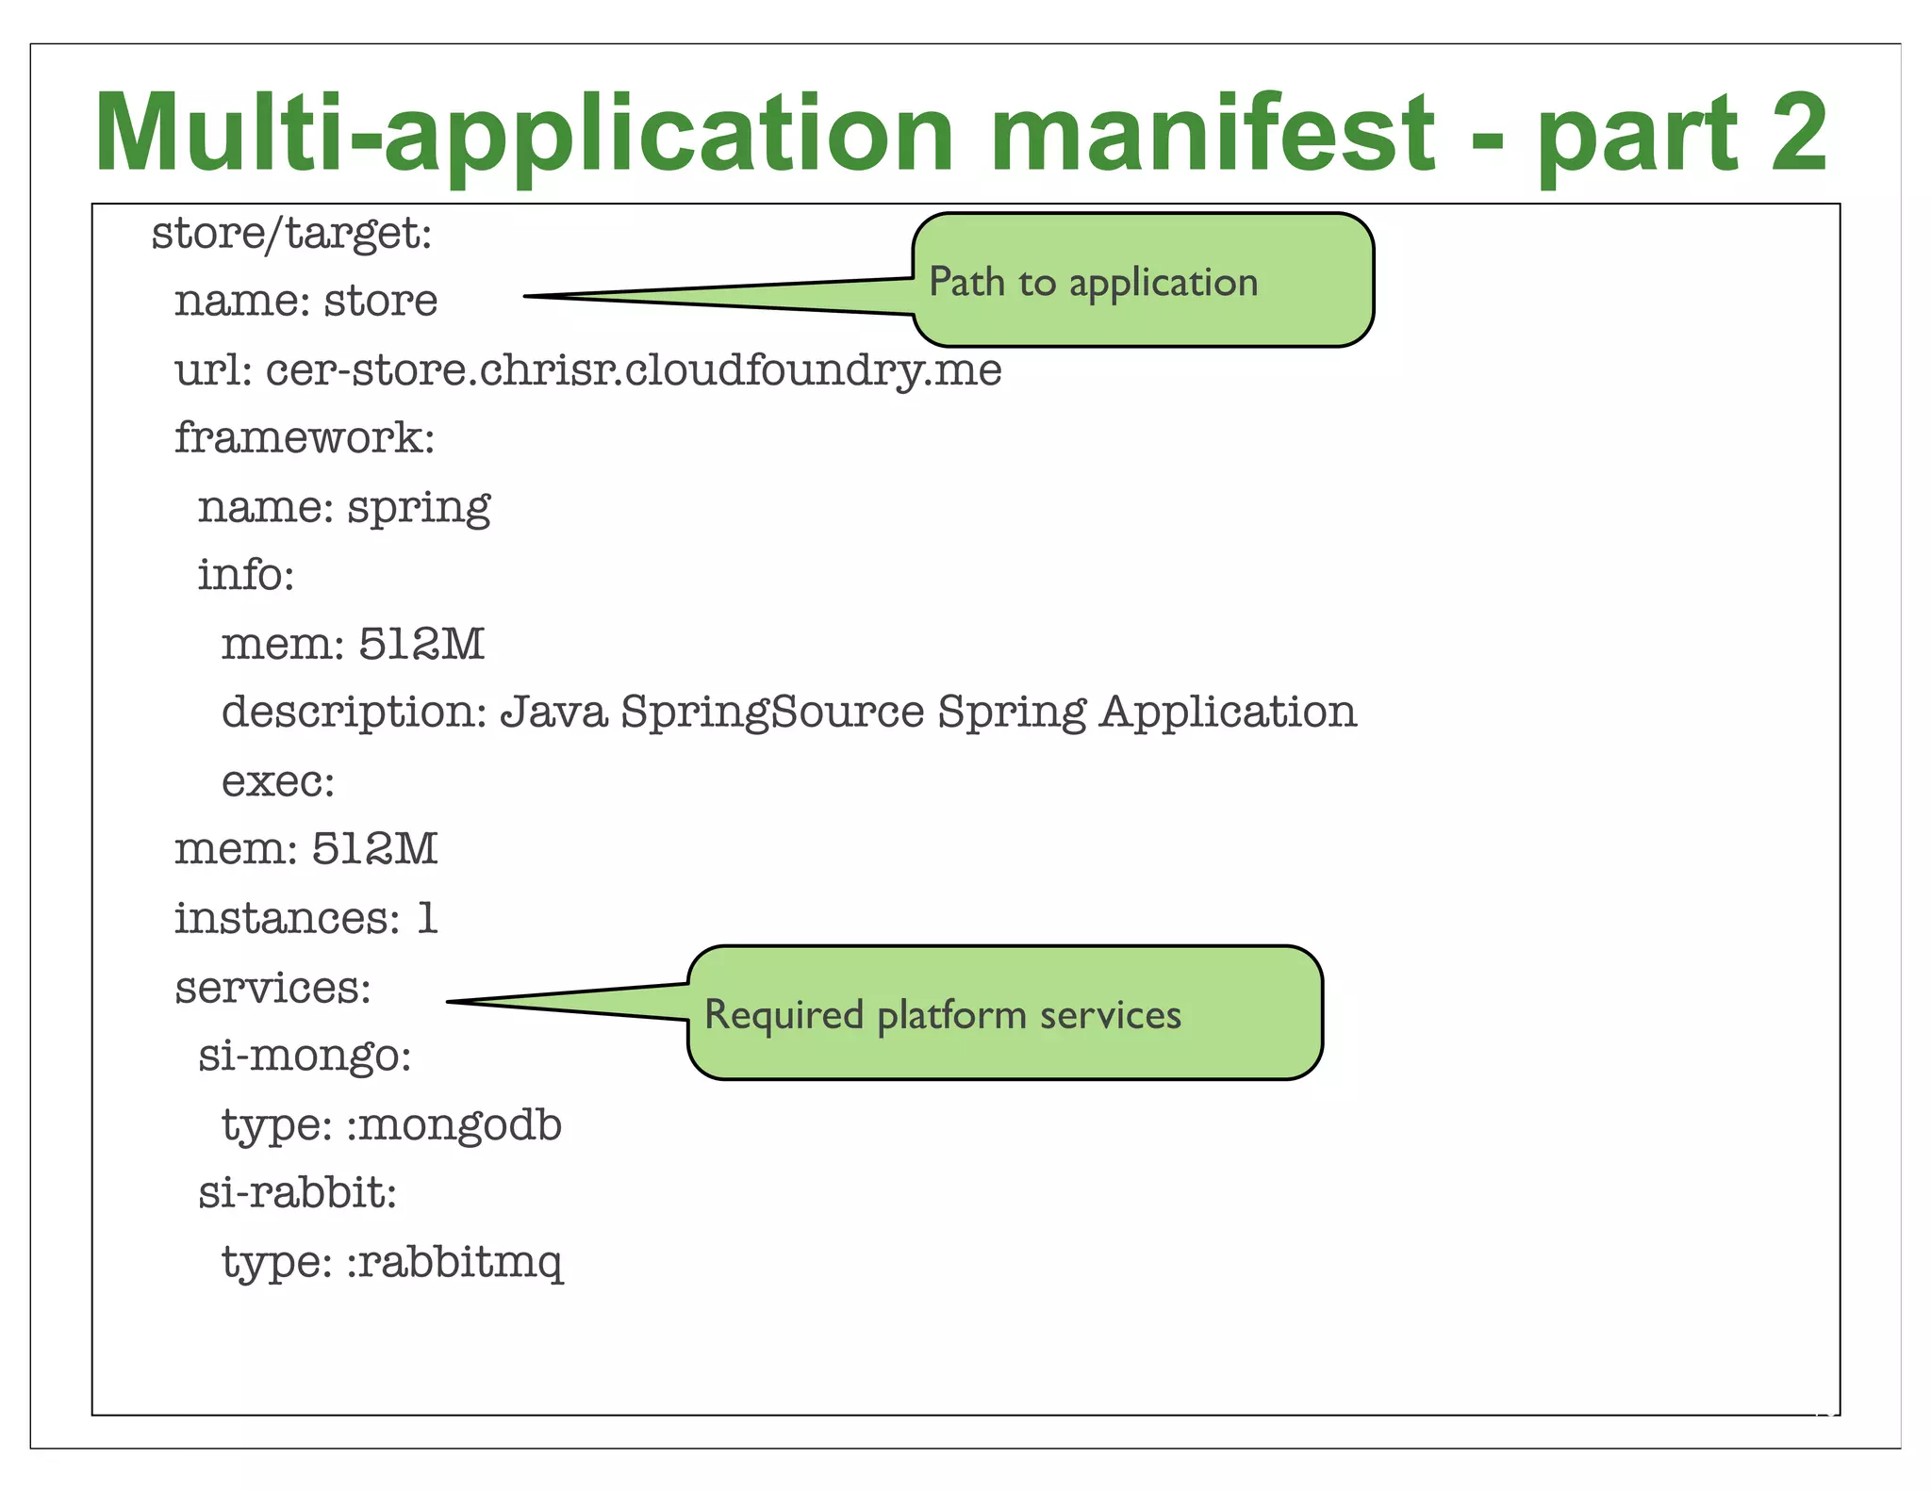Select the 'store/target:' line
coord(291,233)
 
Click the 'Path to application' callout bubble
coord(1141,281)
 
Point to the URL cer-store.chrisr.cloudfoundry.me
coord(634,369)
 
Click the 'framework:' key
coord(305,438)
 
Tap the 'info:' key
coord(246,575)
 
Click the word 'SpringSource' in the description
coord(772,712)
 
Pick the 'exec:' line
coord(278,781)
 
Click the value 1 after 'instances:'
coord(427,918)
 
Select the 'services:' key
coord(273,988)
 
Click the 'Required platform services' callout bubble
coord(1004,1013)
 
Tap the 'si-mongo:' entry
coord(305,1056)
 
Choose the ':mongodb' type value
coord(454,1124)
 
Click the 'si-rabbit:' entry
coord(297,1193)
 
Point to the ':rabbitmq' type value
coord(454,1262)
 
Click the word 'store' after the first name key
coord(381,302)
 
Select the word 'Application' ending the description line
coord(1228,712)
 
